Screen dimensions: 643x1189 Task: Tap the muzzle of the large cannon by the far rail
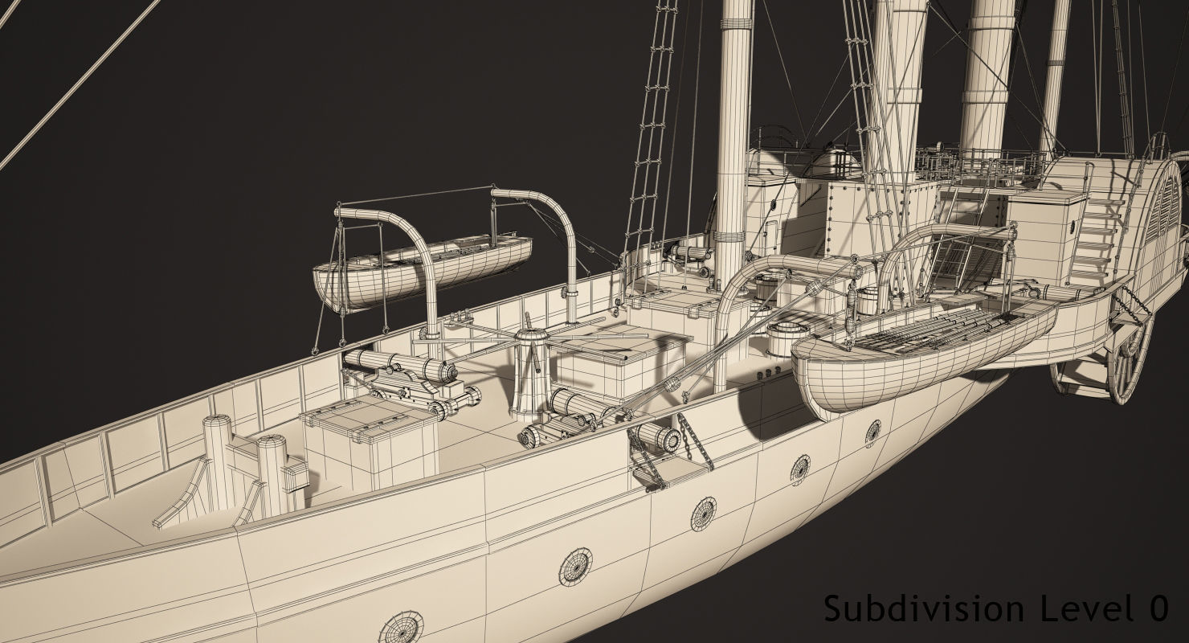point(447,371)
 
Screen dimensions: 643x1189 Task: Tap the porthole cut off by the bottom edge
point(399,626)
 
